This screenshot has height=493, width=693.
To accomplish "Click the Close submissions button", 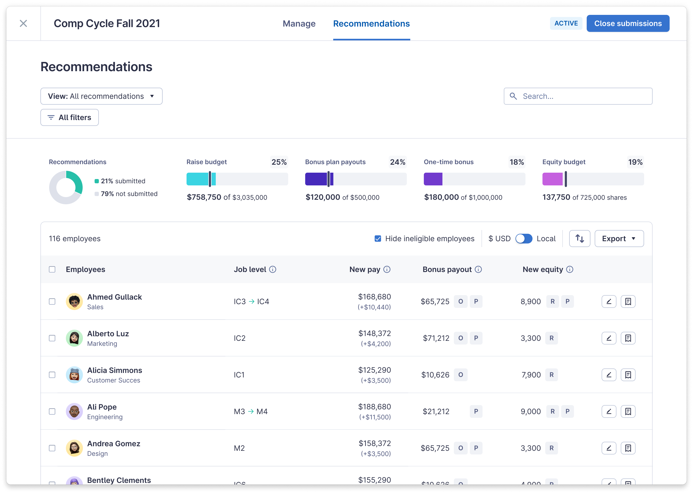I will tap(628, 23).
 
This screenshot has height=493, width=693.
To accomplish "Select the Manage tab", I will tap(299, 24).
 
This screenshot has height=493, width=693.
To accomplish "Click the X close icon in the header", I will tap(23, 23).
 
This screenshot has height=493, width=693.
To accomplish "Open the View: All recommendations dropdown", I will tap(102, 96).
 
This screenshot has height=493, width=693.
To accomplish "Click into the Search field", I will tap(583, 96).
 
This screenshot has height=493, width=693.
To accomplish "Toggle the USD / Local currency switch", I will tap(523, 239).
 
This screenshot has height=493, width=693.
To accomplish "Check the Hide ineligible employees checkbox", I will tap(378, 239).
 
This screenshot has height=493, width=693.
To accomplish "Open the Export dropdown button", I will tap(619, 239).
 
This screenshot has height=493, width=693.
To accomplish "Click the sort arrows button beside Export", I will tap(580, 239).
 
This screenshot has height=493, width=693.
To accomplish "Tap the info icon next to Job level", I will tap(273, 269).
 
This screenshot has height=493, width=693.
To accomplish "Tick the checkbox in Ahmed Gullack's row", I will tap(52, 301).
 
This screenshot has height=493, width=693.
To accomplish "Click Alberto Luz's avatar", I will tap(74, 338).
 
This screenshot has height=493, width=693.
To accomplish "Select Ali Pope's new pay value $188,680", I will tap(374, 406).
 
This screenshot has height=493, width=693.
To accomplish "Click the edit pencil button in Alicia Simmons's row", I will tap(609, 375).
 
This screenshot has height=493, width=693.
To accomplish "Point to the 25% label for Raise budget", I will tap(279, 162).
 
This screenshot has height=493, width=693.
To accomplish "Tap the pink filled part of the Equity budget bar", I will tap(552, 179).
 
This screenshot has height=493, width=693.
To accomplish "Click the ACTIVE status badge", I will tap(566, 23).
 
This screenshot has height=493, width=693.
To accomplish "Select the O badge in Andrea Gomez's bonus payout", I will tap(460, 448).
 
